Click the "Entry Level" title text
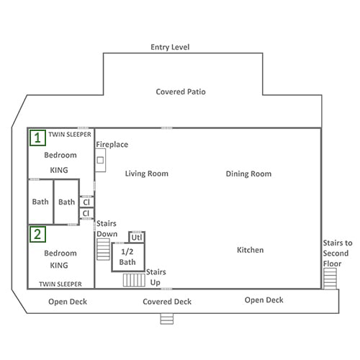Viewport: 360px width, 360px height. click(170, 47)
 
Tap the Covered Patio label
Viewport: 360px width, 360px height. click(181, 91)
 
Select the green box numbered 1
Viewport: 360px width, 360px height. click(37, 138)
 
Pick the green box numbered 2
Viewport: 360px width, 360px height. click(37, 234)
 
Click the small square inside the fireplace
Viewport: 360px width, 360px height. click(100, 160)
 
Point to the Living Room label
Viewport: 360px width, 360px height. click(147, 174)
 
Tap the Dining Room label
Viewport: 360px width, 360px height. click(248, 174)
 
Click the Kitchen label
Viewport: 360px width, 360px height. click(250, 250)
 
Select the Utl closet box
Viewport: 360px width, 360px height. click(137, 238)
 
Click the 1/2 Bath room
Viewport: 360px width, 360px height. click(128, 257)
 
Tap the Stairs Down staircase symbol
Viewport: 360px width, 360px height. click(103, 249)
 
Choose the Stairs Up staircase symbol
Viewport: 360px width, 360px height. click(134, 280)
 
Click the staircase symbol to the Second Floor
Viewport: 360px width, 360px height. click(330, 279)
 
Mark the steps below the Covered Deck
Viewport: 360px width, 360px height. click(167, 319)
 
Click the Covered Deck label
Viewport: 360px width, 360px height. click(167, 302)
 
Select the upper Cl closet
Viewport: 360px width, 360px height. click(86, 202)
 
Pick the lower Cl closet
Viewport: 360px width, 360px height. click(86, 213)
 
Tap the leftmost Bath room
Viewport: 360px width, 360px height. click(40, 202)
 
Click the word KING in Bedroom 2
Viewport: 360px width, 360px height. click(59, 266)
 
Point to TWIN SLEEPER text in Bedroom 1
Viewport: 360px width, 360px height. click(70, 135)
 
